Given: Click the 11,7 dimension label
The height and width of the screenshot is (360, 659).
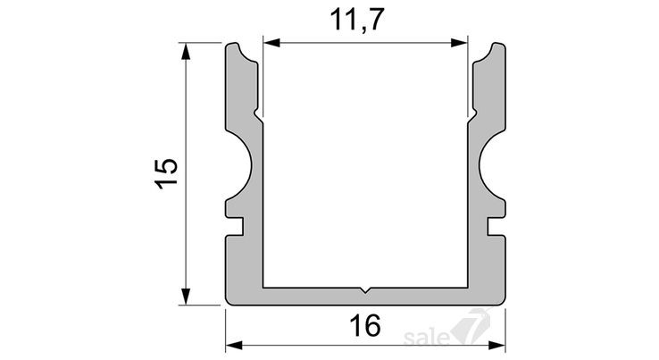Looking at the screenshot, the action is click(357, 20).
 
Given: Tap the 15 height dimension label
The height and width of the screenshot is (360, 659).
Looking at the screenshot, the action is click(167, 173).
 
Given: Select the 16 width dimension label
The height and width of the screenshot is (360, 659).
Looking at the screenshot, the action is click(365, 325).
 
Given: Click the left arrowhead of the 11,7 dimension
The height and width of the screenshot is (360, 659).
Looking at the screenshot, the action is click(271, 43).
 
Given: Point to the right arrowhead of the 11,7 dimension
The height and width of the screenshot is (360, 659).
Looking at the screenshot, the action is click(459, 43).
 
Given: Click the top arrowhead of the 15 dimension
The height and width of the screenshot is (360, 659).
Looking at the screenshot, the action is click(186, 51).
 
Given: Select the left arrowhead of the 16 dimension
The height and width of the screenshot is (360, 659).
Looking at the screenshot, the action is click(235, 346).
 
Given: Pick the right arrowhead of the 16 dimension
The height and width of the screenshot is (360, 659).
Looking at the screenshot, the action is click(496, 346).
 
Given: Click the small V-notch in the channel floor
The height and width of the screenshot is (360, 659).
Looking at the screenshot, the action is click(365, 289).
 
